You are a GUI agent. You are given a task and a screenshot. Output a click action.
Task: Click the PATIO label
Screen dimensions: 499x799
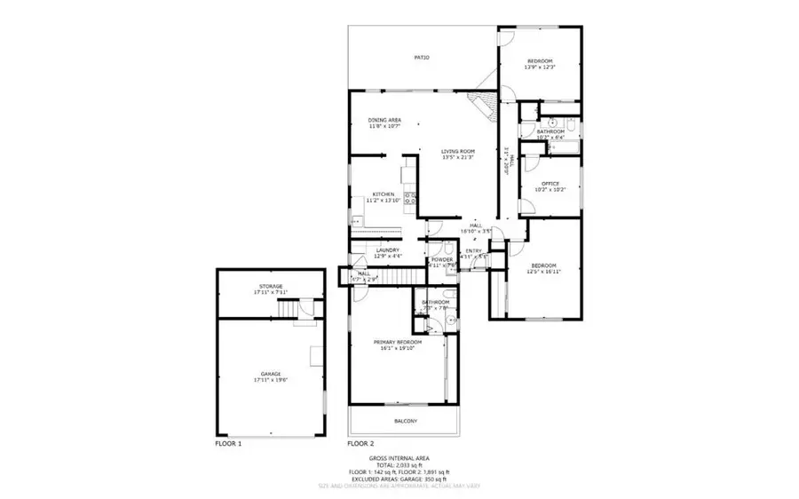coord(422,58)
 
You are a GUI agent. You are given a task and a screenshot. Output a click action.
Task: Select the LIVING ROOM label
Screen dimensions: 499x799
coord(458,152)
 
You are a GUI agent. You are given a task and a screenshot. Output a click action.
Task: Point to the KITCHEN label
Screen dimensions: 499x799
coord(383,194)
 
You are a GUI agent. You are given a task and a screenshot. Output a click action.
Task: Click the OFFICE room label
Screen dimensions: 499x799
coord(550,184)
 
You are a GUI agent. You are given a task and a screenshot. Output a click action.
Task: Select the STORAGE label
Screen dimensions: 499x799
coord(271,286)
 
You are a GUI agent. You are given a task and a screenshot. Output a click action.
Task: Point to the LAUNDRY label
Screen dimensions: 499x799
coord(387,250)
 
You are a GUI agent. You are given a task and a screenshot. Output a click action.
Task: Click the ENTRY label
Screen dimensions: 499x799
coord(475,251)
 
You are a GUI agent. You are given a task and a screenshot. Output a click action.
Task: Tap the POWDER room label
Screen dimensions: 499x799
coord(442,259)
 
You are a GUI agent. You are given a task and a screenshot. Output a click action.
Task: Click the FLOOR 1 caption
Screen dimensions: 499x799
coord(228,442)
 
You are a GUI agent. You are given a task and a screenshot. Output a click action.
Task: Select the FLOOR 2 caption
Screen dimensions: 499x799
coord(360,442)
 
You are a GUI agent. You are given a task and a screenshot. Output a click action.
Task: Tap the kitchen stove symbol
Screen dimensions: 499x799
coord(411,200)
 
